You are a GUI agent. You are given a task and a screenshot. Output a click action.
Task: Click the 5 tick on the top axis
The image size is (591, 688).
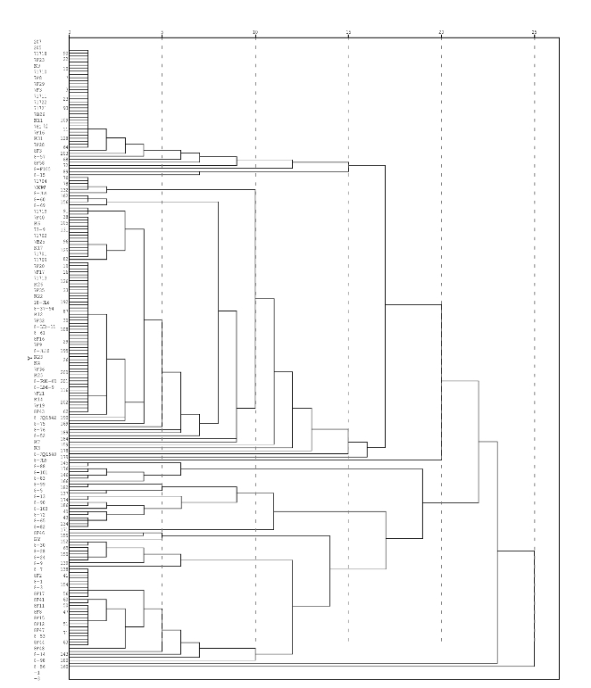point(162,33)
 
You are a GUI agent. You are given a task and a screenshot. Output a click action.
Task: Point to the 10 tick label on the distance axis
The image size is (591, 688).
point(255,33)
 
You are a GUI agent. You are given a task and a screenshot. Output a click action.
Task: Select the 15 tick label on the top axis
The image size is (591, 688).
point(348,33)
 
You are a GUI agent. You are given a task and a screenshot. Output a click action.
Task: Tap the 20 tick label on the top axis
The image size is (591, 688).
point(441,33)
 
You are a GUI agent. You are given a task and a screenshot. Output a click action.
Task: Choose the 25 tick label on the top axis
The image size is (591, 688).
point(534,33)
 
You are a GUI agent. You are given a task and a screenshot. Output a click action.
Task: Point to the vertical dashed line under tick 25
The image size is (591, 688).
point(534,357)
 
